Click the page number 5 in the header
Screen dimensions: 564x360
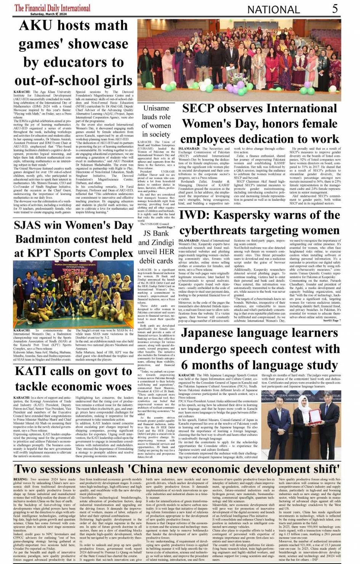[x=334, y=8]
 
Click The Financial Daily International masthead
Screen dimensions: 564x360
[x=52, y=8]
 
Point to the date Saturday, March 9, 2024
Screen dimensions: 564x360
[x=48, y=14]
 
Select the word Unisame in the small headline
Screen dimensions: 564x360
[x=156, y=108]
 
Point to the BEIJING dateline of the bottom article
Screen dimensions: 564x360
[x=21, y=479]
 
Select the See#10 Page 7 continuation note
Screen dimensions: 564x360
[x=164, y=227]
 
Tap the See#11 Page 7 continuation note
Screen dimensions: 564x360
[x=331, y=320]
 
